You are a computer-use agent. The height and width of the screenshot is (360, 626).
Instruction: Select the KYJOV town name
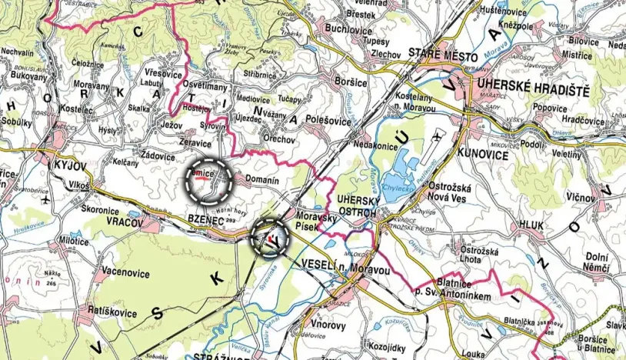(x=70, y=165)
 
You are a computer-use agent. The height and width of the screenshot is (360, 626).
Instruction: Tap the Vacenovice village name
(x=125, y=270)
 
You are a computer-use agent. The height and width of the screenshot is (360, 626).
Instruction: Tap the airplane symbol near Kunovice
(x=437, y=137)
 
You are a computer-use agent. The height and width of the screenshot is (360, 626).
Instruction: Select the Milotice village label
(x=73, y=241)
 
